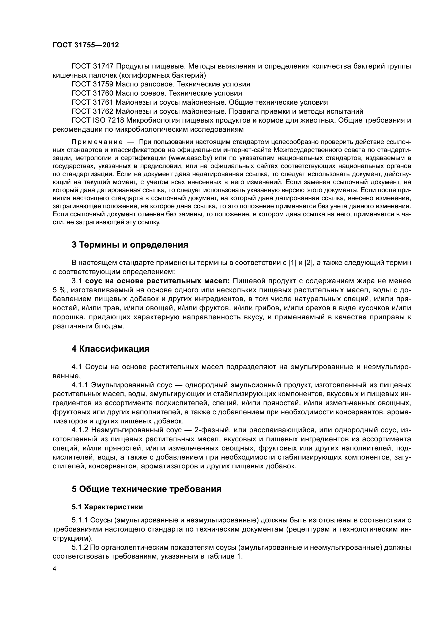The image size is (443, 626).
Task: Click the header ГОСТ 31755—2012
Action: pyautogui.click(x=86, y=45)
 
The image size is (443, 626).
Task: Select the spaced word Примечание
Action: pyautogui.click(x=97, y=142)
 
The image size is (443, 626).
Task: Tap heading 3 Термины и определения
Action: pyautogui.click(x=130, y=245)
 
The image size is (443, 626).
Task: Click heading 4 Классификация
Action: pyautogui.click(x=110, y=349)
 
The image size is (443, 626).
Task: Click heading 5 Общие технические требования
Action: pyautogui.click(x=147, y=489)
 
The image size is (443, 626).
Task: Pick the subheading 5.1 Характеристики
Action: pyautogui.click(x=107, y=507)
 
